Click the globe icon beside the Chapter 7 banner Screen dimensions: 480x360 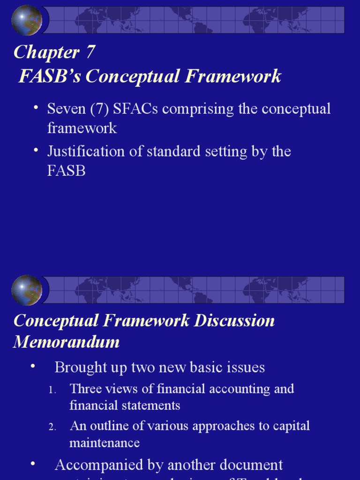tap(27, 20)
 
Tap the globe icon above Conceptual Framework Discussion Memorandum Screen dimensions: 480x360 tap(27, 290)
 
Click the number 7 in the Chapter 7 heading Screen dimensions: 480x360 tap(90, 52)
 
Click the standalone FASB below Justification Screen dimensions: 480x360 tap(67, 171)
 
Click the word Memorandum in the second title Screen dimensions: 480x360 tap(67, 342)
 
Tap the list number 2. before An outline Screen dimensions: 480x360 tap(52, 427)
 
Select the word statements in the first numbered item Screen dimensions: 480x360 tap(154, 405)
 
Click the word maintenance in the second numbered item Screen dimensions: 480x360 tap(105, 443)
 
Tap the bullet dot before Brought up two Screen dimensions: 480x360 tap(33, 366)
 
